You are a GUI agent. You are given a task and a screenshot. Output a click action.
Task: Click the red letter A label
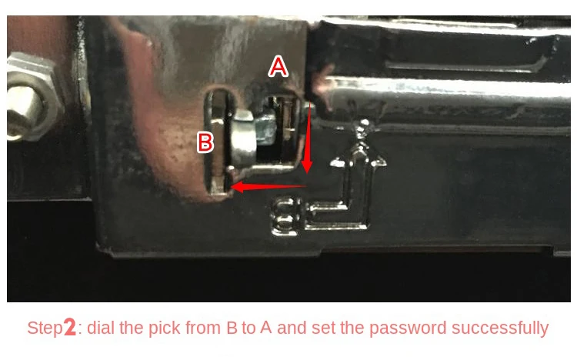[278, 68]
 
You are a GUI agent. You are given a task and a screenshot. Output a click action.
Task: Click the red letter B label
[205, 142]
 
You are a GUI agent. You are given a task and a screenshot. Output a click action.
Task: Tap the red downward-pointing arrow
[308, 135]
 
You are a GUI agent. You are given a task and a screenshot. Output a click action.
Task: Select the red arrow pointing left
[269, 185]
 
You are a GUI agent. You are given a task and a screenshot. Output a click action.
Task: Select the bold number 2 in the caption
[69, 328]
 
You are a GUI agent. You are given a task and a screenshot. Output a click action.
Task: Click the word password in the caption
[405, 328]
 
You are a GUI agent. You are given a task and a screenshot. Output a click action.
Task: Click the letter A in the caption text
[265, 328]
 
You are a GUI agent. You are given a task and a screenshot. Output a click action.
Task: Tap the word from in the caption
[201, 328]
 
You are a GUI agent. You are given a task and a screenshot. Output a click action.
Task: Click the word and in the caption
[292, 328]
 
